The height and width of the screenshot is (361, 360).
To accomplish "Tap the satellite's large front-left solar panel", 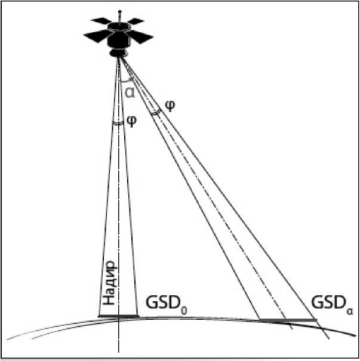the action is tap(96, 36).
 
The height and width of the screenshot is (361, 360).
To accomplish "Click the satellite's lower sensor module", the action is tap(119, 53).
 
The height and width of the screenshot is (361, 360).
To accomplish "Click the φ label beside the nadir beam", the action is tap(133, 120).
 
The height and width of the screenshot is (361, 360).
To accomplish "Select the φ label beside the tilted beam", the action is tap(171, 105).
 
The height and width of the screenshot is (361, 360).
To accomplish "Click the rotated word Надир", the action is tap(109, 285).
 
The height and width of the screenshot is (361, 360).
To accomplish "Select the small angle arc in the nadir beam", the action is tap(118, 123).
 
